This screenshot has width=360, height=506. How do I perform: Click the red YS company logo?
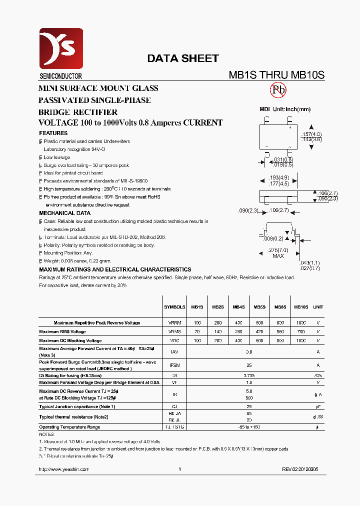pyautogui.click(x=60, y=48)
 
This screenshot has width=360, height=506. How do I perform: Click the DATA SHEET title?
pyautogui.click(x=182, y=58)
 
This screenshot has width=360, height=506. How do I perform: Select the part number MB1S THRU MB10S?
pyautogui.click(x=276, y=75)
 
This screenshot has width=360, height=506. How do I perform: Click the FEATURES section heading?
pyautogui.click(x=53, y=133)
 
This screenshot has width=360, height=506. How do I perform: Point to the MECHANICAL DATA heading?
pyautogui.click(x=64, y=213)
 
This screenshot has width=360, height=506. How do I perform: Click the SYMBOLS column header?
pyautogui.click(x=174, y=307)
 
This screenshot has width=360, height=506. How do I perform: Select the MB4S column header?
pyautogui.click(x=238, y=307)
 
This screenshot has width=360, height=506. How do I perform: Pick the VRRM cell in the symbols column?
pyautogui.click(x=174, y=323)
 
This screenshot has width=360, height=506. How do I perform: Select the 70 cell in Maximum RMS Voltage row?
pyautogui.click(x=197, y=331)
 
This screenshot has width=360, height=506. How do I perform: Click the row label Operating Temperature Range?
pyautogui.click(x=69, y=427)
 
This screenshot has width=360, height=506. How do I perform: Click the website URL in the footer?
pyautogui.click(x=63, y=469)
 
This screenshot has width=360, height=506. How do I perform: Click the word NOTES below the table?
pyautogui.click(x=46, y=434)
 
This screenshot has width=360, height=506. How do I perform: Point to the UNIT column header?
pyautogui.click(x=318, y=307)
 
